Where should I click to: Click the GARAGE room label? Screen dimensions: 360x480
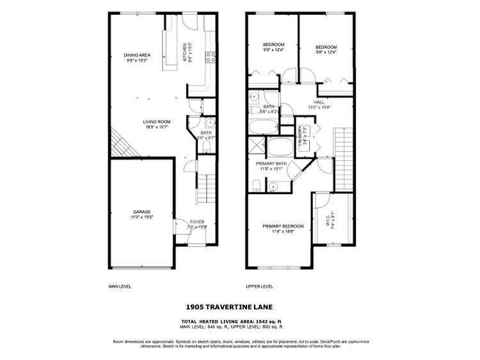point(142,213)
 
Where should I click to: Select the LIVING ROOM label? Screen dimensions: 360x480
point(156,124)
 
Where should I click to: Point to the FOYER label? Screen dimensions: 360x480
point(196,224)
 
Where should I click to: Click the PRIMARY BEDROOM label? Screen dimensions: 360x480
point(282,229)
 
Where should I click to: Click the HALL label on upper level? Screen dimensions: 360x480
point(318,104)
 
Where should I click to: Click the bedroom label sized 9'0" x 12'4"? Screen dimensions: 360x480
point(273,47)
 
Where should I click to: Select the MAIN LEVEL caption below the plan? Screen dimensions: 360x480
point(120,287)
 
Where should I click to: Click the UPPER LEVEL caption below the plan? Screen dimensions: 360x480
point(259,287)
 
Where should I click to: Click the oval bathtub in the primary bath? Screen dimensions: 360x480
point(278,149)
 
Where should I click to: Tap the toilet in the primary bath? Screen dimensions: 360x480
point(256,185)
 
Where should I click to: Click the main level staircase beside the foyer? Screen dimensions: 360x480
point(204,187)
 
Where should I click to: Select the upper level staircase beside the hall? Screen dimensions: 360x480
point(344,157)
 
